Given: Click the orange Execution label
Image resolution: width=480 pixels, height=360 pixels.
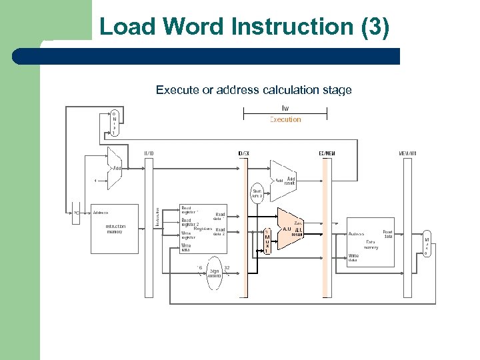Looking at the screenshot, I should [x=285, y=120].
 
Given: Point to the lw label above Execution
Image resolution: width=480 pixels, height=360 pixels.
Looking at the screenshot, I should [x=285, y=108].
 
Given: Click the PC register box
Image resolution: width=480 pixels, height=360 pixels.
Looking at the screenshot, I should [x=77, y=213].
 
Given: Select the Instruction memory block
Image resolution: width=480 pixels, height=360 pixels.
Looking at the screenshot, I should [x=115, y=229].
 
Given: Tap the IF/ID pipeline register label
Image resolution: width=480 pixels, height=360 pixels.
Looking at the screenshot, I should [x=149, y=153].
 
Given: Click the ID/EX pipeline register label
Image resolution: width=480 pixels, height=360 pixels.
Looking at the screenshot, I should [x=243, y=153].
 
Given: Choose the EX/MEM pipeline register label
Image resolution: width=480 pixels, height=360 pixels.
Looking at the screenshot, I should [x=327, y=153].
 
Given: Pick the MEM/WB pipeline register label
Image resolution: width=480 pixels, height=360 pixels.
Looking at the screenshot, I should [x=407, y=153].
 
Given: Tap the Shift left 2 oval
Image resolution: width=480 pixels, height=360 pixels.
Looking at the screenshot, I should [x=257, y=194].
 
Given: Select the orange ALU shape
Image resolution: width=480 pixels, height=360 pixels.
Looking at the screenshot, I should [x=290, y=231].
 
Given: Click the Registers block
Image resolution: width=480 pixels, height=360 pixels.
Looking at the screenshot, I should [x=203, y=229].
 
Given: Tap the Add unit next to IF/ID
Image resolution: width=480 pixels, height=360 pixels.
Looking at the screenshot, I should [x=115, y=167].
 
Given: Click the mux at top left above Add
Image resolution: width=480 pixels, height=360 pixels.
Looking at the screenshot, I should [x=113, y=123].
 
